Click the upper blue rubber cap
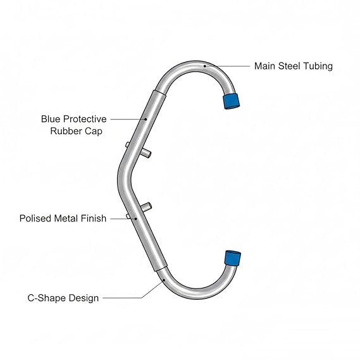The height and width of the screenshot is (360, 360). [x=231, y=101]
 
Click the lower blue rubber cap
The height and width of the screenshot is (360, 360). [x=233, y=258]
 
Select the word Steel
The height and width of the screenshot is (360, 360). [x=289, y=66]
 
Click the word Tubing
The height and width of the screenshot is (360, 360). [x=318, y=66]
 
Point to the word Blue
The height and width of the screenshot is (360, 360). [x=51, y=119]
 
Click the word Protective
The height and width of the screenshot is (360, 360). [x=85, y=119]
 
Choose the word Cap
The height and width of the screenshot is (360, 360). [x=94, y=132]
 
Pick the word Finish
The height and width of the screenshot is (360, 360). [x=94, y=218]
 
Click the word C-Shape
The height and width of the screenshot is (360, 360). [x=47, y=298]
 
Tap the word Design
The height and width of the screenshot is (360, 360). [x=84, y=299]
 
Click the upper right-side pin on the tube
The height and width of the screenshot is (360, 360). [x=146, y=152]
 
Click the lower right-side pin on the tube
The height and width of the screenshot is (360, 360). [x=146, y=207]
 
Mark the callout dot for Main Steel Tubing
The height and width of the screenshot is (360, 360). [x=204, y=66]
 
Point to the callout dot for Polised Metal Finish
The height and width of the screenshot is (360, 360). [x=136, y=219]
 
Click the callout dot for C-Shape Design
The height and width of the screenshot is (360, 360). [x=164, y=280]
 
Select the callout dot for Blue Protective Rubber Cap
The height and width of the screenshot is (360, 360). [x=146, y=119]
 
